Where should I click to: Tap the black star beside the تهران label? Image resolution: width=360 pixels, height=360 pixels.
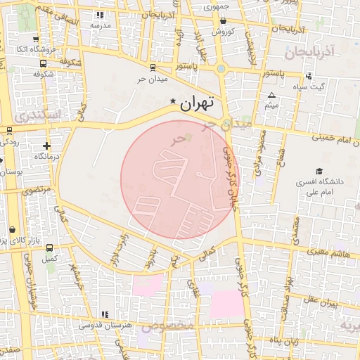pyautogui.click(x=174, y=103)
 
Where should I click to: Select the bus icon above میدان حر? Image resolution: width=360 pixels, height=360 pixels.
pyautogui.click(x=153, y=68)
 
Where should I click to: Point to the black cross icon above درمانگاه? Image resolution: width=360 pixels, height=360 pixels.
pyautogui.click(x=46, y=146)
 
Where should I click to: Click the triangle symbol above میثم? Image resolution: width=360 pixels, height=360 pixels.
pyautogui.click(x=272, y=95)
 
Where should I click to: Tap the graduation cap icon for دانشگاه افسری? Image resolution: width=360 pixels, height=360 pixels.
pyautogui.click(x=319, y=171)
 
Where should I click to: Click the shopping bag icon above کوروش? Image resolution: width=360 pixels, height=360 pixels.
pyautogui.click(x=223, y=21)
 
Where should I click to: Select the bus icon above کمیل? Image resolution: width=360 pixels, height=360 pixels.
pyautogui.click(x=49, y=247)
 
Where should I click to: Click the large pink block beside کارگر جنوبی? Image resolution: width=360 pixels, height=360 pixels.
pyautogui.click(x=226, y=304)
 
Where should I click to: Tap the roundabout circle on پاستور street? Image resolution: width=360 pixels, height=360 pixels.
pyautogui.click(x=221, y=69)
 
